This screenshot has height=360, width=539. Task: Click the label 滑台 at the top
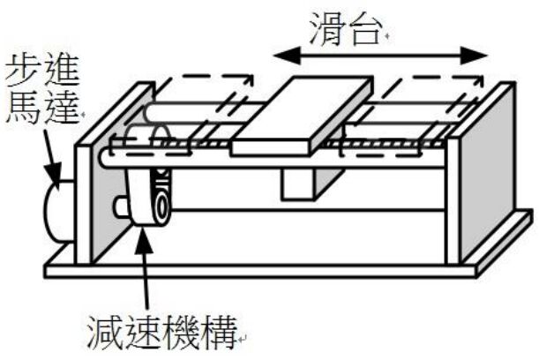click(x=348, y=28)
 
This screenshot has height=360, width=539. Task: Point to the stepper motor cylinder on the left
click(x=56, y=212)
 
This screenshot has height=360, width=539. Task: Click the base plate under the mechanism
click(x=265, y=269)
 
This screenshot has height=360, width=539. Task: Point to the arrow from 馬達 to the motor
click(x=49, y=159)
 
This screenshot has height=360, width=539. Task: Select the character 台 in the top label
click(x=366, y=28)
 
